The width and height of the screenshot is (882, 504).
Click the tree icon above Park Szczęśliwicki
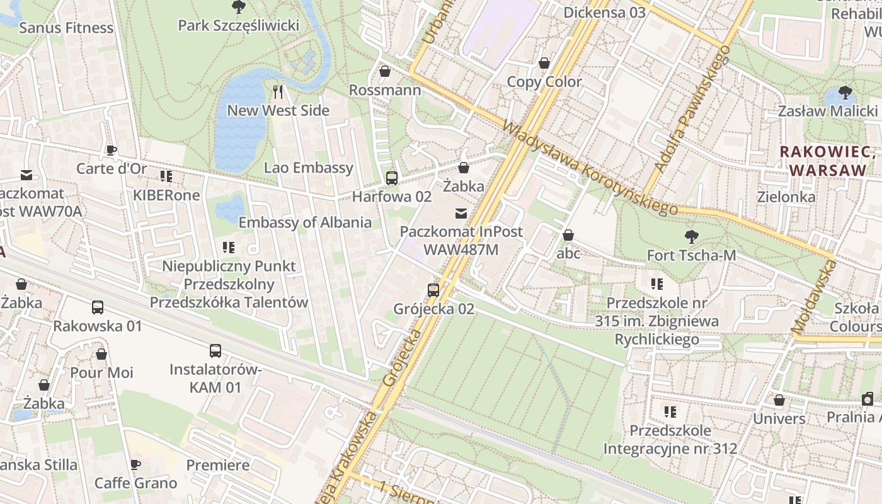[x=238, y=7]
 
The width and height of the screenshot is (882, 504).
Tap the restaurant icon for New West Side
[x=278, y=92]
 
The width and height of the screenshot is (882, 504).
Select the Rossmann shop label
[x=384, y=90]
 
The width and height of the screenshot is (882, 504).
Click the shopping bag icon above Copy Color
[x=544, y=63]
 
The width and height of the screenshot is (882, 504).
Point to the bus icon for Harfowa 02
[x=391, y=178]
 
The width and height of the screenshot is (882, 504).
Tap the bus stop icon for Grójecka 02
[x=433, y=290]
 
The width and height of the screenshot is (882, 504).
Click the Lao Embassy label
[x=308, y=168]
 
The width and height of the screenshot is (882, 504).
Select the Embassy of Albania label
[x=305, y=222]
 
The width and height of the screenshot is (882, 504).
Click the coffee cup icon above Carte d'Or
[x=112, y=150]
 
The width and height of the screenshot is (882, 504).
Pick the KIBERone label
[x=166, y=195]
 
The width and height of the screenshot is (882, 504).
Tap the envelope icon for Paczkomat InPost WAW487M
[x=461, y=214]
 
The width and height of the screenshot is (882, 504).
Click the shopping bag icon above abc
[x=568, y=235]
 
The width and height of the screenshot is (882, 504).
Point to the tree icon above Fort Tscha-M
[x=691, y=237]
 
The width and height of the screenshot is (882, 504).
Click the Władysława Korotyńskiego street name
[x=589, y=168]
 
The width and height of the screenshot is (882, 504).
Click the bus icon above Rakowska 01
[x=98, y=307]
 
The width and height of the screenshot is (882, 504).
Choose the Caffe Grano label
[x=135, y=483]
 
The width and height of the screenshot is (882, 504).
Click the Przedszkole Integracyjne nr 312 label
[x=670, y=440]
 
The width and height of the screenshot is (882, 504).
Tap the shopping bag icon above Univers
[x=779, y=400]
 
